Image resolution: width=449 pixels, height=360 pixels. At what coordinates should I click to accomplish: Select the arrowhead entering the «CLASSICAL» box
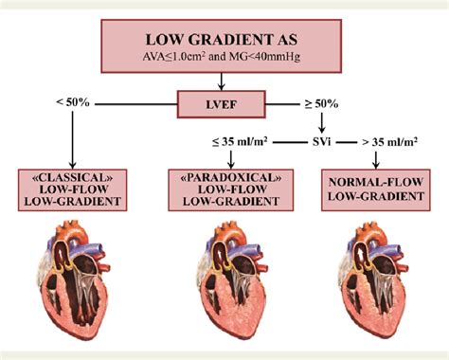click(x=73, y=163)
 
